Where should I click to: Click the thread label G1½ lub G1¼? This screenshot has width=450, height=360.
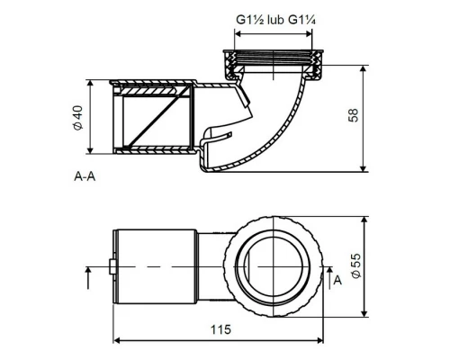(275, 20)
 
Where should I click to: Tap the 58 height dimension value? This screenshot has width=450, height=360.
(353, 115)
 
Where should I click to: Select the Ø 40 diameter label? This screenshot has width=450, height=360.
(77, 118)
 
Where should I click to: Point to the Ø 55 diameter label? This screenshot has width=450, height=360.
(355, 265)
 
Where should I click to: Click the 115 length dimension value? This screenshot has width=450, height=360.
(220, 329)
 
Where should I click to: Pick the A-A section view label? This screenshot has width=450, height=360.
(85, 176)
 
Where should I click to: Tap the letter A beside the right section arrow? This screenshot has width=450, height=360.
(337, 280)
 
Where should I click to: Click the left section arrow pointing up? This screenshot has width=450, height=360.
(88, 278)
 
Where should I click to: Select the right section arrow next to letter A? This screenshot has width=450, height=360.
(329, 278)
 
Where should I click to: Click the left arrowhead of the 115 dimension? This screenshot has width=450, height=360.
(117, 340)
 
